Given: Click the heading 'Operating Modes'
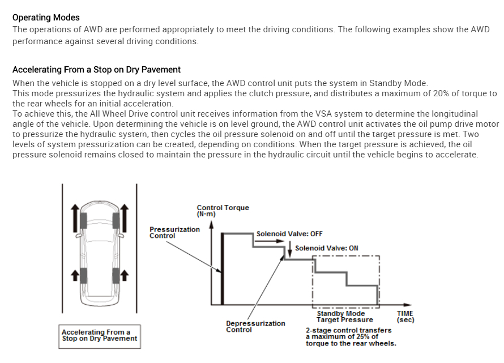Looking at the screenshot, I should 46,18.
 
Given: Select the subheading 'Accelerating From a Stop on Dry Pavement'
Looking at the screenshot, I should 96,70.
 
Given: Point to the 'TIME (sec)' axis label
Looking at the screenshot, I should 405,317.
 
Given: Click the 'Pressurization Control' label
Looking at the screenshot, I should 174,232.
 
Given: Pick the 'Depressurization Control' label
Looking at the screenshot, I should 255,326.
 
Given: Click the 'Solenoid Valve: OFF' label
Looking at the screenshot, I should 289,233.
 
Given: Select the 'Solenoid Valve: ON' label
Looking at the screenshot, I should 326,248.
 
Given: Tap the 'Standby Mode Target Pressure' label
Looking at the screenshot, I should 344,317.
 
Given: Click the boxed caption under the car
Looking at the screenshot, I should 99,335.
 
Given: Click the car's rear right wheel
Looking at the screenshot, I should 117,276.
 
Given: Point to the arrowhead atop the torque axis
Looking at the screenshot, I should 211,225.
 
